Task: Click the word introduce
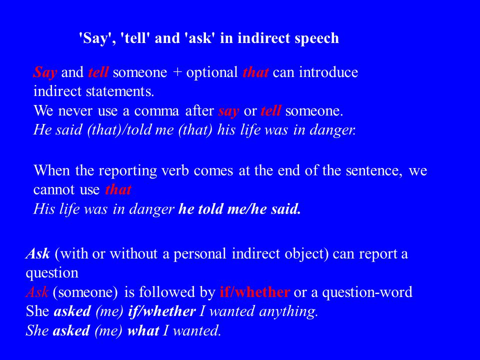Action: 328,72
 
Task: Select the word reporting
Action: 127,171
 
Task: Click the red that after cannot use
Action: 118,190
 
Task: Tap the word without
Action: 133,254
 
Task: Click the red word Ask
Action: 37,292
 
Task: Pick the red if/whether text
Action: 254,292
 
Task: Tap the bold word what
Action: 143,330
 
